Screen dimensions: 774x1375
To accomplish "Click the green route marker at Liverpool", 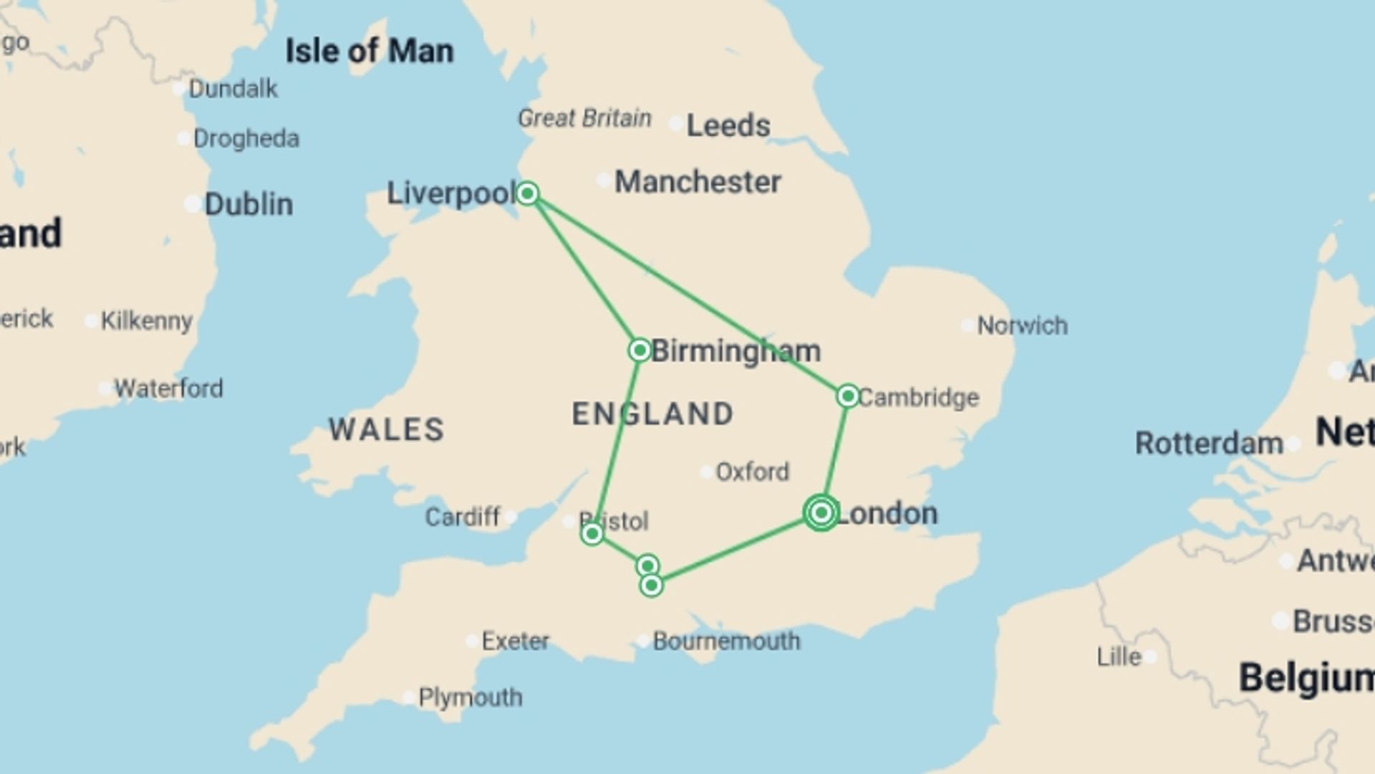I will click(x=528, y=193).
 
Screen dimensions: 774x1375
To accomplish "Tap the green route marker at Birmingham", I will click(x=640, y=350).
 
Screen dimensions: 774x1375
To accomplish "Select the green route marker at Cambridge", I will click(x=848, y=396).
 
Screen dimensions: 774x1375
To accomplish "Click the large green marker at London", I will click(x=821, y=512).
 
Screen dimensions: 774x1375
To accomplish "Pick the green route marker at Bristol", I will click(x=592, y=534).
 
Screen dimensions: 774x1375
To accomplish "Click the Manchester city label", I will click(x=698, y=182).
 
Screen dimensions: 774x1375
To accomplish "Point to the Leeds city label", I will click(x=728, y=126).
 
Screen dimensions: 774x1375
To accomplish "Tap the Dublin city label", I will click(x=249, y=205).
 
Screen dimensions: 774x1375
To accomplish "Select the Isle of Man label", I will click(x=370, y=52).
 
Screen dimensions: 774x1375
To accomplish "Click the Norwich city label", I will click(x=1022, y=326).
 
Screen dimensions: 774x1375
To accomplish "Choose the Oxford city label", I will click(x=752, y=472).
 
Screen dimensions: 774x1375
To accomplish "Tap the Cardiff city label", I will click(x=463, y=517).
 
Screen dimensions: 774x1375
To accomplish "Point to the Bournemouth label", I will click(x=726, y=641).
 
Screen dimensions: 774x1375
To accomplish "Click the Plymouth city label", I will click(x=470, y=697).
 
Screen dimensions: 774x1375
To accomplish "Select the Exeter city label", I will click(x=515, y=641).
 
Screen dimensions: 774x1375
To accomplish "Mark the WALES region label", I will click(x=387, y=430).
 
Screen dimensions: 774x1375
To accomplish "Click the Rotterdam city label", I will click(x=1209, y=444).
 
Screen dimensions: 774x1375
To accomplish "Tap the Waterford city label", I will click(x=168, y=388).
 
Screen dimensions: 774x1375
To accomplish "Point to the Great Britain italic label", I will click(x=584, y=118).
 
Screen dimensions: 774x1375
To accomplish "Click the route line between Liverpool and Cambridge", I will click(x=687, y=294).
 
